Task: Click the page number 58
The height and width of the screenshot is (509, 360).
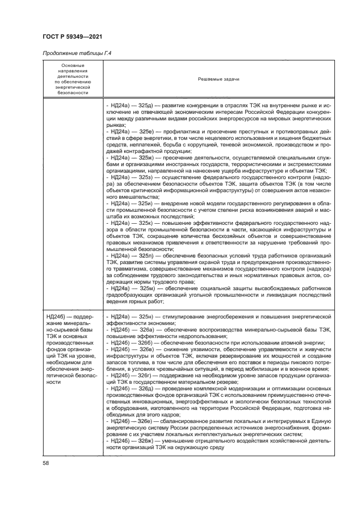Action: click(x=46, y=463)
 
